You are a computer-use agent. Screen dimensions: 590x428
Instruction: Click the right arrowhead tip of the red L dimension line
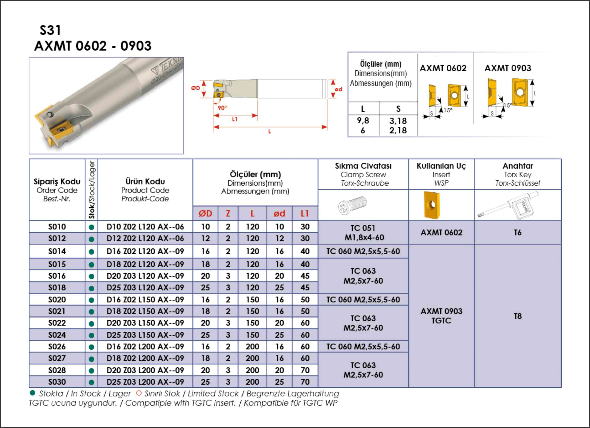(x=327, y=127)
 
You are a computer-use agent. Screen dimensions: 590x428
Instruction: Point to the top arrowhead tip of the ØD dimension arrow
(x=204, y=80)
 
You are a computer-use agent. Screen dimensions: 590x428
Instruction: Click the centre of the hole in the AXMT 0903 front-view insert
(x=519, y=92)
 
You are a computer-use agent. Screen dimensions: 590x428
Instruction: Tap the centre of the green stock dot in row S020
(x=91, y=300)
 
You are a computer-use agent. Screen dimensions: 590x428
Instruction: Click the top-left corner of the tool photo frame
(x=29, y=57)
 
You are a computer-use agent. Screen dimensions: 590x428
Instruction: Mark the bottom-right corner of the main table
(x=561, y=387)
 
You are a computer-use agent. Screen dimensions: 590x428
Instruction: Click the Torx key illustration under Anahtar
(x=508, y=205)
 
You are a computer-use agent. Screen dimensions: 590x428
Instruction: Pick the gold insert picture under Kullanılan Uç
(x=432, y=205)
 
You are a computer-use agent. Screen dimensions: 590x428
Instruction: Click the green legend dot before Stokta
(x=32, y=393)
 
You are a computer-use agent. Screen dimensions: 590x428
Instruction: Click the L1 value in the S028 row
(x=305, y=370)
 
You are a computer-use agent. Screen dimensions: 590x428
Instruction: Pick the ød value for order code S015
(x=279, y=264)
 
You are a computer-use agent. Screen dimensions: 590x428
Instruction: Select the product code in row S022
(x=145, y=323)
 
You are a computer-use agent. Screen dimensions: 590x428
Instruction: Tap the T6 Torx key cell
(x=518, y=233)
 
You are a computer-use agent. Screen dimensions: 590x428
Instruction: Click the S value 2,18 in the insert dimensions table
(x=398, y=130)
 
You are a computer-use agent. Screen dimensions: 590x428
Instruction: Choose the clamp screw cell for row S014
(x=363, y=251)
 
